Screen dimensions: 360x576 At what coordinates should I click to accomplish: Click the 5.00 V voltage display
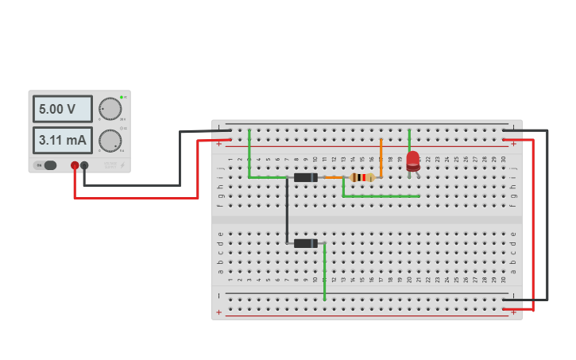click(x=62, y=109)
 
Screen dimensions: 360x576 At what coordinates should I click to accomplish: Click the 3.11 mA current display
click(x=62, y=141)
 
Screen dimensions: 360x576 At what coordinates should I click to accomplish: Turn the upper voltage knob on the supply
click(x=110, y=109)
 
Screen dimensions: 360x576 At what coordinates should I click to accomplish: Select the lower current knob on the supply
click(x=110, y=141)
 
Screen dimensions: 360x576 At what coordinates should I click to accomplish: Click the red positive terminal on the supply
click(x=75, y=165)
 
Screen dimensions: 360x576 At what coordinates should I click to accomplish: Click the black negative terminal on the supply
click(x=84, y=165)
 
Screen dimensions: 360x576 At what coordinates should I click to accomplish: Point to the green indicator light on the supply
click(x=122, y=97)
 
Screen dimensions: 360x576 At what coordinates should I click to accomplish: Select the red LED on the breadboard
click(x=412, y=161)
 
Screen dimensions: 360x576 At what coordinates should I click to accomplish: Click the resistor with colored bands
click(x=362, y=177)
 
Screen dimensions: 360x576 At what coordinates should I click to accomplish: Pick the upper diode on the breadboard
click(x=305, y=177)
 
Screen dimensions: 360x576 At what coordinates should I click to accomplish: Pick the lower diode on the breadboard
click(x=305, y=243)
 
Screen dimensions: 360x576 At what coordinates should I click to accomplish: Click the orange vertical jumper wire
click(x=381, y=157)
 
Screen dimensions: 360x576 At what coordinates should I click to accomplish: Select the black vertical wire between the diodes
click(x=287, y=211)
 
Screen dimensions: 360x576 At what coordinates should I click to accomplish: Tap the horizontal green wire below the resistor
click(x=381, y=195)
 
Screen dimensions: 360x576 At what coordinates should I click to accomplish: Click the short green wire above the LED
click(x=409, y=139)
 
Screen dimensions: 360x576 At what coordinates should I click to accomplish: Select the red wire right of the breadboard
click(x=532, y=223)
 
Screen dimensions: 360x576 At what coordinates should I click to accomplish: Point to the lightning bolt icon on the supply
click(x=122, y=165)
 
